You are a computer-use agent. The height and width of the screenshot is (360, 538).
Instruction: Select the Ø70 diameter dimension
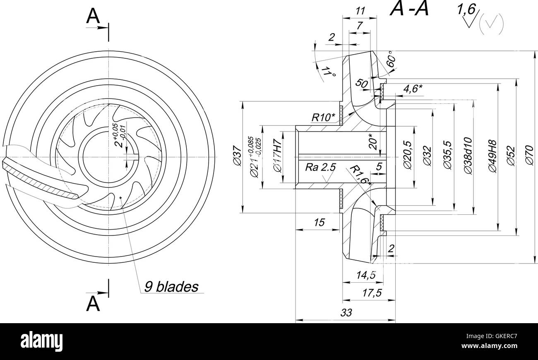[529, 156]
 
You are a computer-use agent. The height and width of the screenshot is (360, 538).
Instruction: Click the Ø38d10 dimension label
[468, 156]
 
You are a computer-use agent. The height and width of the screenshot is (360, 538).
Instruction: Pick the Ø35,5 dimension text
[447, 156]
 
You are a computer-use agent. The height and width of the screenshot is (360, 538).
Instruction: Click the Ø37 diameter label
[237, 156]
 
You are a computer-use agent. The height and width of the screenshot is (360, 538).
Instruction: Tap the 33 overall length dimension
[346, 313]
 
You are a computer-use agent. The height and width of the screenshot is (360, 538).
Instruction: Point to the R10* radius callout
[323, 118]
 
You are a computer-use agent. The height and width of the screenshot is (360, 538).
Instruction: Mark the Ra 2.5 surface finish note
[321, 167]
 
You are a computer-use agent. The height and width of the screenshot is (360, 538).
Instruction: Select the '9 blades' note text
[171, 286]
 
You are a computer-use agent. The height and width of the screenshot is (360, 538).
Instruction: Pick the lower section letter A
[93, 304]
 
